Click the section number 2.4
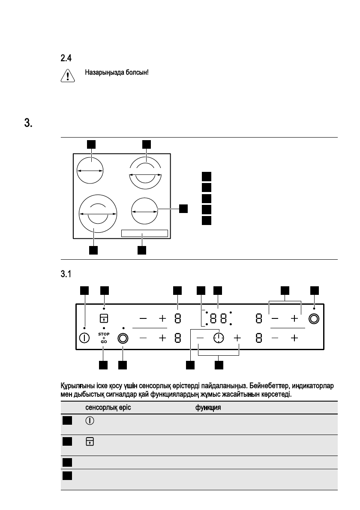(64, 57)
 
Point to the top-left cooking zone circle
(90, 170)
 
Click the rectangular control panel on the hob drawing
(144, 233)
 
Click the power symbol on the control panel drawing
(84, 338)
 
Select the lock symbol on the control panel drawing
(104, 318)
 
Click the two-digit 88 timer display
(219, 318)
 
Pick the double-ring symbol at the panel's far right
(314, 318)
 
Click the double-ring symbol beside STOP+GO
(123, 338)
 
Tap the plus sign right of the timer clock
(237, 338)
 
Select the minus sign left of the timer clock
(200, 338)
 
